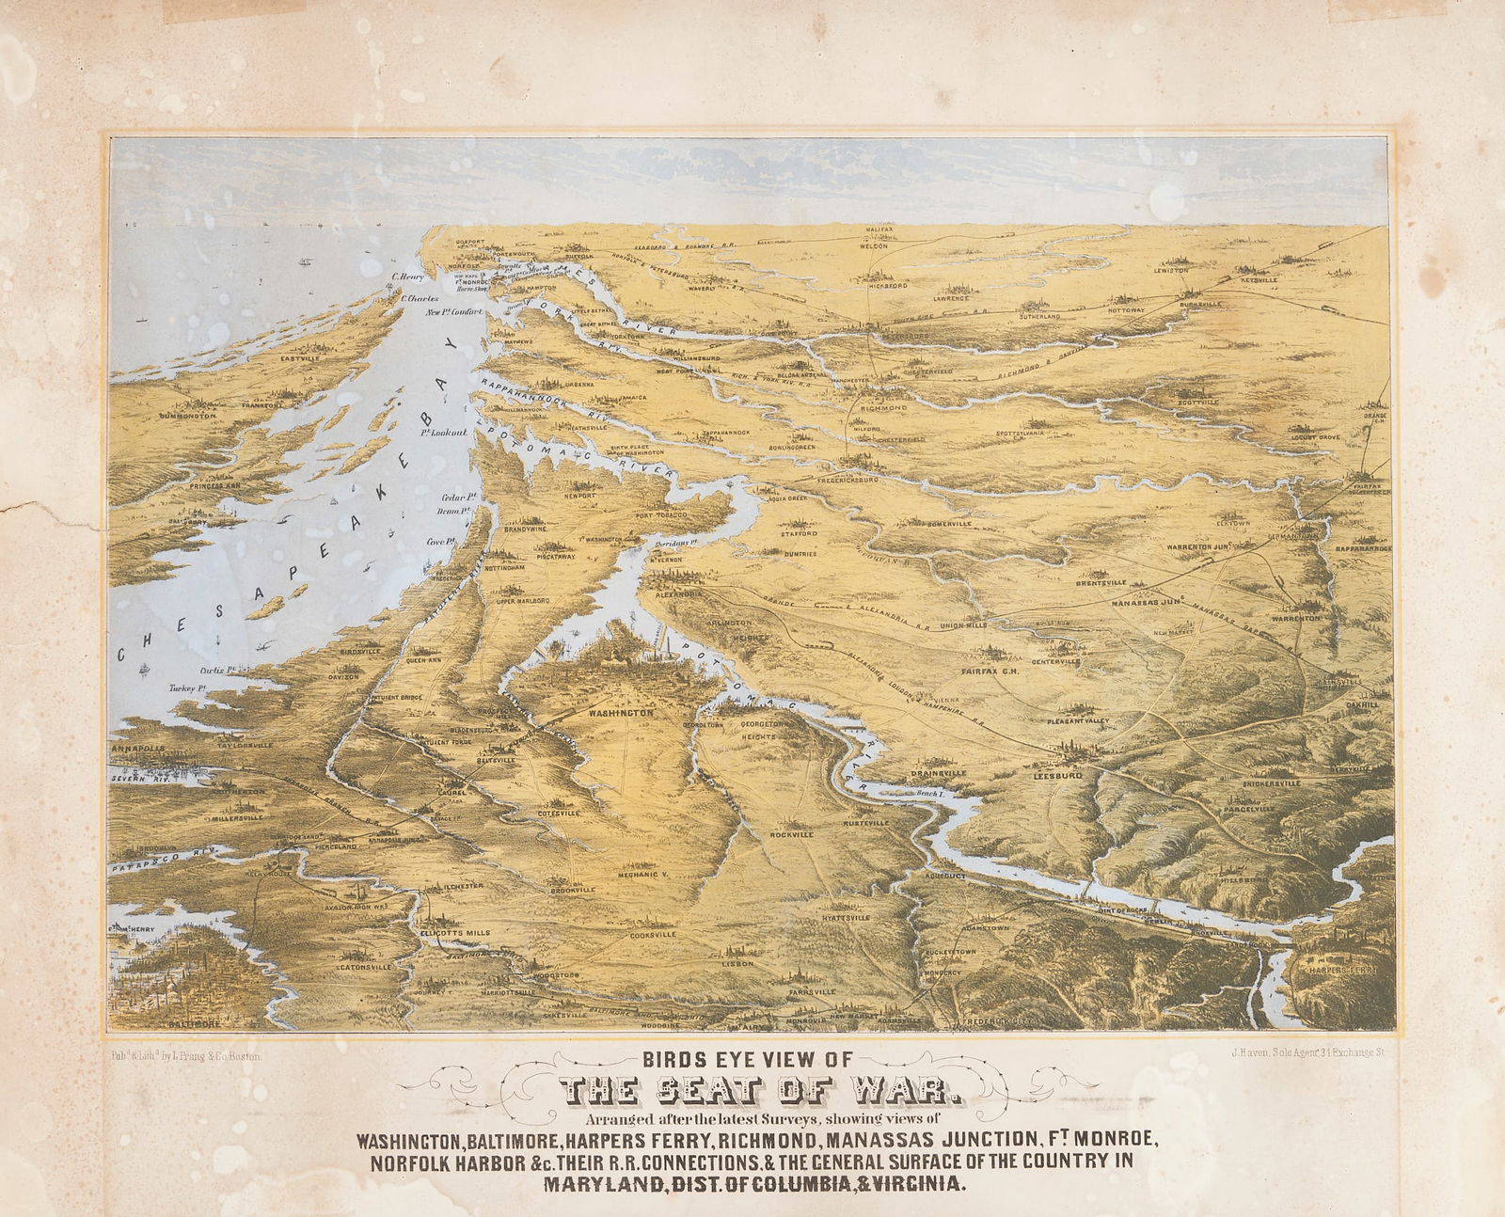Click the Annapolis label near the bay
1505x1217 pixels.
(x=138, y=749)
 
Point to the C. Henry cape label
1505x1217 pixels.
(x=409, y=277)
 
